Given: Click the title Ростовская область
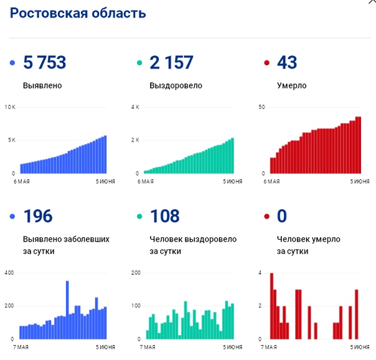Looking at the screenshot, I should (78, 14).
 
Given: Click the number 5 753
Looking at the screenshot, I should (44, 62).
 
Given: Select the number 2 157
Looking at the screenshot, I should (171, 62).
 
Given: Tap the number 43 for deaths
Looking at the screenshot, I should (287, 62).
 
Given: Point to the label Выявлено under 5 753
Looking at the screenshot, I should (42, 84).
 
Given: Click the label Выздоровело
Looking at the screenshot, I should (176, 84).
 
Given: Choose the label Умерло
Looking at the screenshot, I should (292, 84).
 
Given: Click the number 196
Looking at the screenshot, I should (38, 216).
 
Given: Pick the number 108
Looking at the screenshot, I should (164, 216).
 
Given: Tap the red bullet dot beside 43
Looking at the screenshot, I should (266, 63).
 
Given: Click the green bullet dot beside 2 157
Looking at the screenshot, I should (139, 63).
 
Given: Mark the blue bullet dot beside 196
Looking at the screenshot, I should (12, 217).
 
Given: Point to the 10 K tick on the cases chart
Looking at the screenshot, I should (9, 107).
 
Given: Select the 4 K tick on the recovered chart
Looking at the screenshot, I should (134, 107).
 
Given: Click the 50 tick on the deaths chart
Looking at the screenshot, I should (262, 107).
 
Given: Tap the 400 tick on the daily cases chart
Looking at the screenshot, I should (9, 273).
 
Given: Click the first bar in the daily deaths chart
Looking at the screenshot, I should (271, 306).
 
